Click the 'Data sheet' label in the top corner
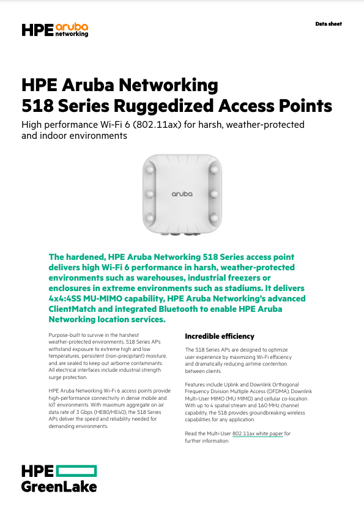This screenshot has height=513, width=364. coord(329,24)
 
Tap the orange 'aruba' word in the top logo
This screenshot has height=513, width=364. coord(72,27)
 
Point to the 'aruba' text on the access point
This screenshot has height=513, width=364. coord(181,194)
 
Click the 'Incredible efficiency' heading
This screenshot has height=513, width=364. coord(220,336)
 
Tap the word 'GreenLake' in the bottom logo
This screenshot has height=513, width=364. coord(59,487)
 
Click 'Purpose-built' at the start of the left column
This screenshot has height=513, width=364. coord(64,336)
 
